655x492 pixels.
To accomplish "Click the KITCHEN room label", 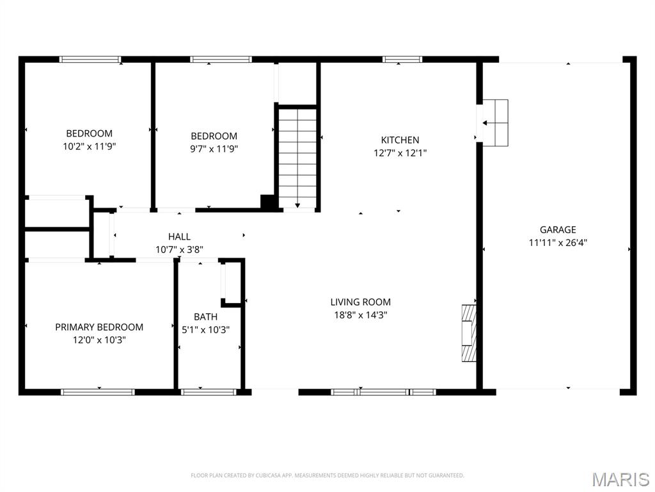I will point(400,140).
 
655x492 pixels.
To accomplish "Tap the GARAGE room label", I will point(558,229).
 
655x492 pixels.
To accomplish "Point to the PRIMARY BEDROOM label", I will point(99,327).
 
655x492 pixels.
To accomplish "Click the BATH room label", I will point(205,316).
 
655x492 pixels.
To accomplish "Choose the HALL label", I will point(179,236).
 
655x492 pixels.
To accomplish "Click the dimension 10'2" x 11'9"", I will point(90,146).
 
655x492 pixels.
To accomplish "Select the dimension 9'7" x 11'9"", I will point(214,149).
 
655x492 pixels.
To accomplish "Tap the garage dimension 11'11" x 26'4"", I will point(558,242).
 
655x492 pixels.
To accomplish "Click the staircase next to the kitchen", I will point(297,158).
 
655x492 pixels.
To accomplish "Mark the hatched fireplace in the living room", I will point(470,333).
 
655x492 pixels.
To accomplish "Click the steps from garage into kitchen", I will point(494,122).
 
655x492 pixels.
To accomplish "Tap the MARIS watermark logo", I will point(620,479).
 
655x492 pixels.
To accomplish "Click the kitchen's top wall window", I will point(402,60).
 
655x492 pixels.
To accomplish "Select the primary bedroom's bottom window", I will point(98,391).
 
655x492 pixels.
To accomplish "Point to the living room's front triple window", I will point(383,391).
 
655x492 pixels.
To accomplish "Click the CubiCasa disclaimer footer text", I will point(327,475).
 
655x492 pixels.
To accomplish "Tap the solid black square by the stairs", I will point(269,202).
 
